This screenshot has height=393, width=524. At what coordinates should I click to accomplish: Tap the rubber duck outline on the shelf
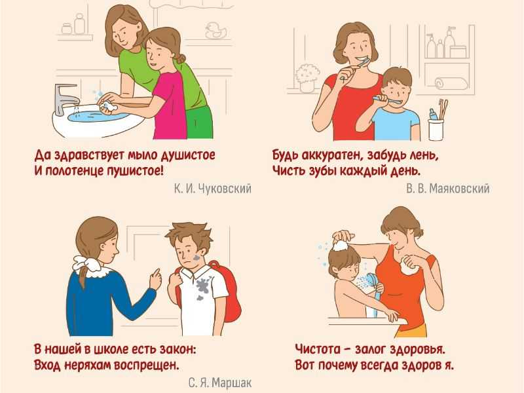point(216,31)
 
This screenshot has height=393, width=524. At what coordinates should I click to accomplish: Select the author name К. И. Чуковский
point(212,189)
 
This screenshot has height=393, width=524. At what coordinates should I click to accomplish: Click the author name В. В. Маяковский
point(448,189)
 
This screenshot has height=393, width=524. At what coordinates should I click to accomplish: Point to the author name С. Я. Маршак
point(220,383)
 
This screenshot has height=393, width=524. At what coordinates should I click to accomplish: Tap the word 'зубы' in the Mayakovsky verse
point(321,171)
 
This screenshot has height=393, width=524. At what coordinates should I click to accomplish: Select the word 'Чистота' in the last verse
point(318,350)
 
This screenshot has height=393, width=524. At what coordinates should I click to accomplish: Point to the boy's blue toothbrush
point(388,100)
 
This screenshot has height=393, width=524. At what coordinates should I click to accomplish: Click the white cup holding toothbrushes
point(436,130)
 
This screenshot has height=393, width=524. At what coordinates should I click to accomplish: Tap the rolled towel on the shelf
point(451,83)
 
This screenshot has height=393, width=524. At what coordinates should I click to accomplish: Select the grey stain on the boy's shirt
point(202,287)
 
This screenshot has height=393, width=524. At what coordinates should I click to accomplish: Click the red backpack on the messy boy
point(227,294)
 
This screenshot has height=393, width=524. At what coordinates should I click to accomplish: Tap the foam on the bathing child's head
point(341,246)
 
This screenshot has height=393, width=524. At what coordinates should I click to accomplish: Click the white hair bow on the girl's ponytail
point(85,263)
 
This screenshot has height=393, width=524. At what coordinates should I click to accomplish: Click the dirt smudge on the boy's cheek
point(196,258)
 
